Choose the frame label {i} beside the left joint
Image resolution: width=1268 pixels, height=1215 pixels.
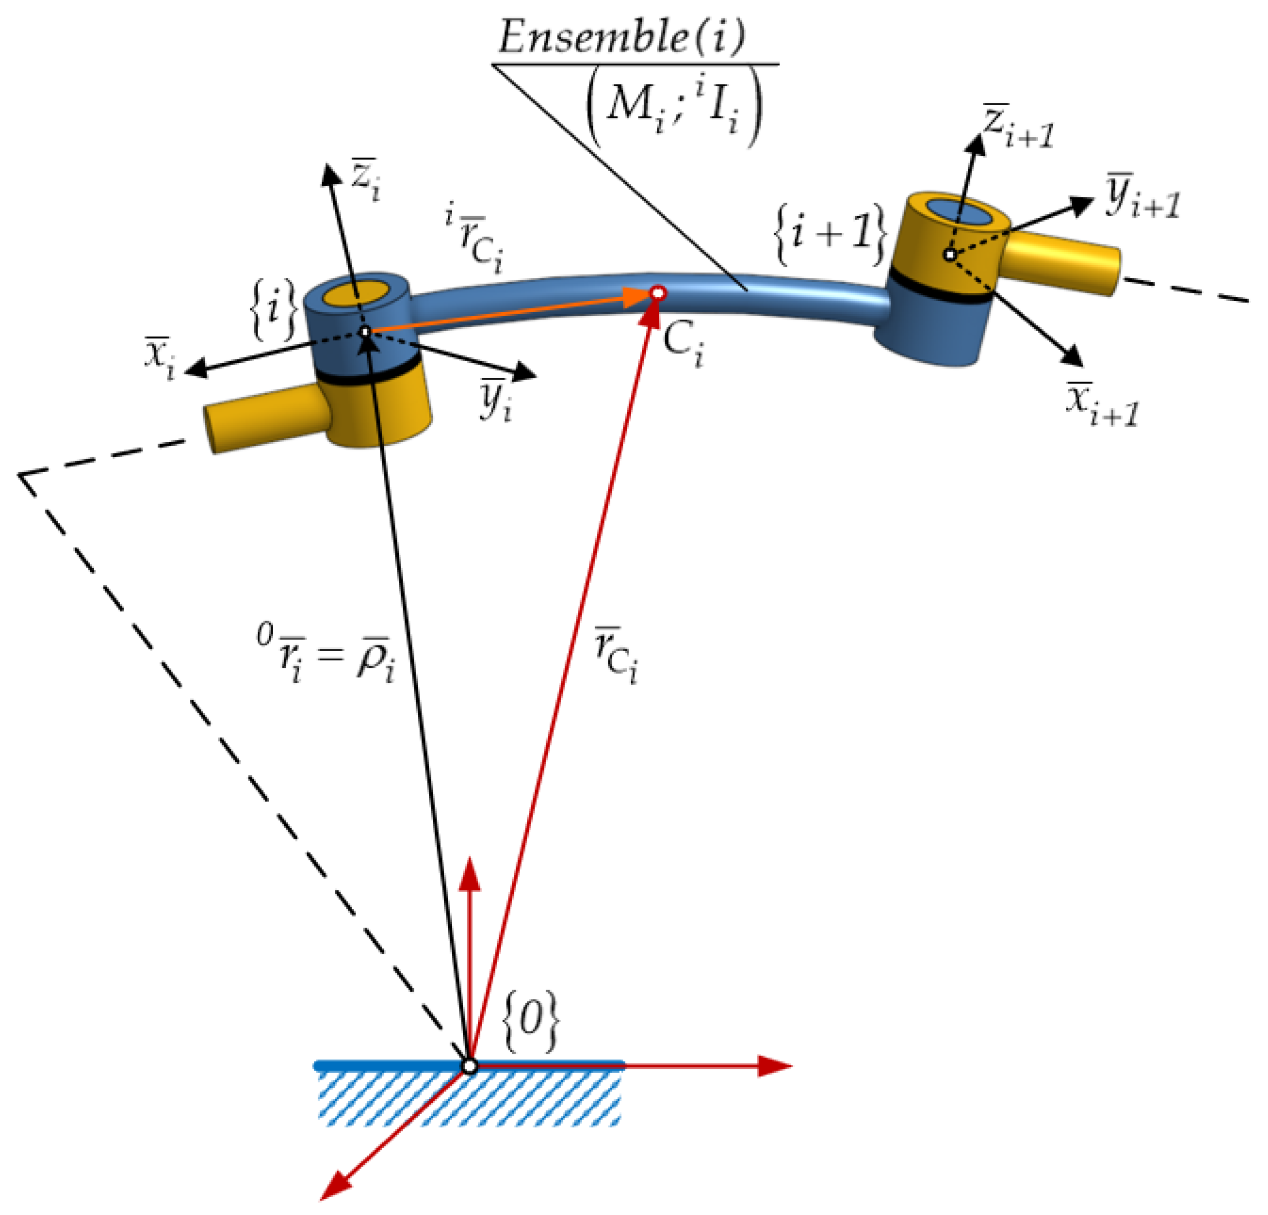273,309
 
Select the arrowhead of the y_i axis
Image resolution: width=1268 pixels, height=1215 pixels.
525,372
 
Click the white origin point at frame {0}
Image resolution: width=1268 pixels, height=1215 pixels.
469,1066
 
